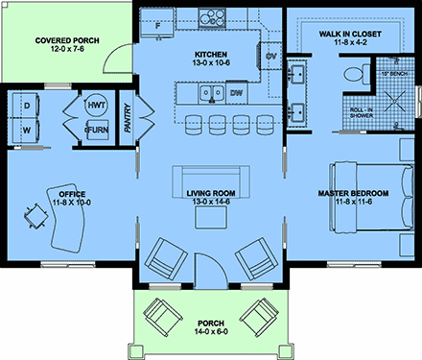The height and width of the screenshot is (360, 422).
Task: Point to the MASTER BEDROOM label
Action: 353,194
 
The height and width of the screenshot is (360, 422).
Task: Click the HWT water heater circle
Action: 96,105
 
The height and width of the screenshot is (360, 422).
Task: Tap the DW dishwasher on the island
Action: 237,94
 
